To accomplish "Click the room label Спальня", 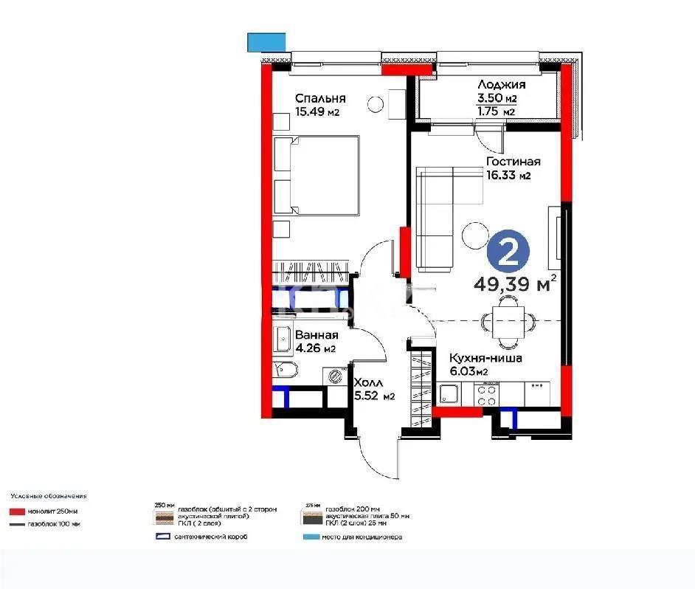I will (x=320, y=98).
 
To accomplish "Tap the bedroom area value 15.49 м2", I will (x=317, y=112).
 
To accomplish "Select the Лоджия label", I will (x=501, y=85).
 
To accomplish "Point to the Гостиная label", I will (x=513, y=162).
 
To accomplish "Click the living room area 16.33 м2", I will (x=508, y=176).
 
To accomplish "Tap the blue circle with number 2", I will (x=508, y=253).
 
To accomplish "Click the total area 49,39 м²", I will (x=514, y=284).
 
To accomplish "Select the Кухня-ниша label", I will (x=485, y=358).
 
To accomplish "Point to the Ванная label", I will (x=317, y=335).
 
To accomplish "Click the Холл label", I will (x=367, y=383).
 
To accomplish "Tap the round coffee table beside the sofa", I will (x=473, y=236).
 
